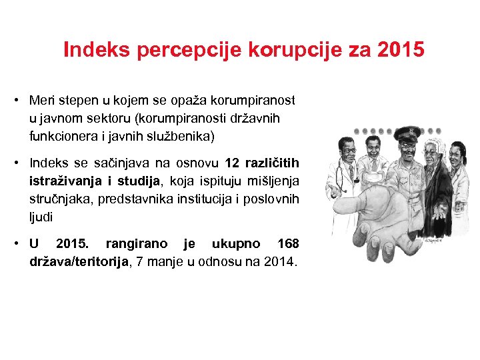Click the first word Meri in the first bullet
point(41,101)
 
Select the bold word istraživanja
point(63,181)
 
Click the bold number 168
point(287,244)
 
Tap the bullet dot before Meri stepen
point(15,101)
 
